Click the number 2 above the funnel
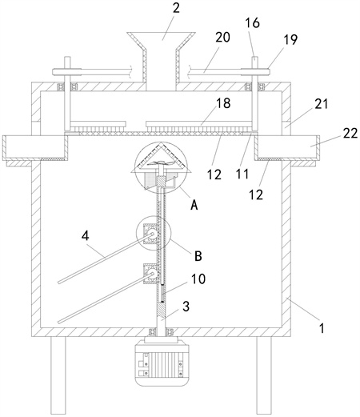(x=176, y=9)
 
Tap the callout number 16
(x=252, y=23)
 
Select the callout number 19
(x=290, y=40)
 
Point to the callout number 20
(x=222, y=38)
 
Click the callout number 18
(x=223, y=103)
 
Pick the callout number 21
(x=321, y=104)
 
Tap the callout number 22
(x=350, y=133)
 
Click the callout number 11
(x=242, y=174)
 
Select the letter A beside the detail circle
(x=194, y=205)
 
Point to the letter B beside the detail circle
(x=198, y=256)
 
